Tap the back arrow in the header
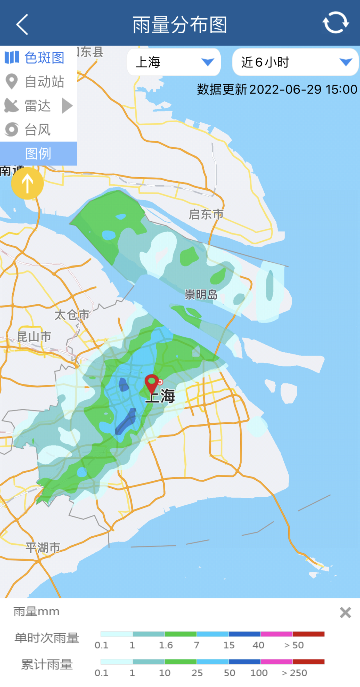pyautogui.click(x=22, y=24)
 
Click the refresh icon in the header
pyautogui.click(x=335, y=23)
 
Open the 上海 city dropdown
pyautogui.click(x=174, y=62)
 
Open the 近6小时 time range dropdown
pyautogui.click(x=295, y=62)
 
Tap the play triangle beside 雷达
pyautogui.click(x=67, y=106)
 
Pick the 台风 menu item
pyautogui.click(x=28, y=130)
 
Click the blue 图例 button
pyautogui.click(x=38, y=154)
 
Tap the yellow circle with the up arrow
pyautogui.click(x=27, y=183)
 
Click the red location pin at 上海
pyautogui.click(x=152, y=382)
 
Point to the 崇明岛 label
pyautogui.click(x=201, y=295)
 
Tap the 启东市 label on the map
pyautogui.click(x=206, y=214)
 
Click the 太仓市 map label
pyautogui.click(x=72, y=315)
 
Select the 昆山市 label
pyautogui.click(x=34, y=337)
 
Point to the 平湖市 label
pyautogui.click(x=43, y=547)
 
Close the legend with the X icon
pyautogui.click(x=345, y=612)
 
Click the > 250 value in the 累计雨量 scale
pyautogui.click(x=294, y=673)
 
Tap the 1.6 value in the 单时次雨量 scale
pyautogui.click(x=166, y=645)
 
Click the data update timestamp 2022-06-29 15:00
pyautogui.click(x=277, y=89)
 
